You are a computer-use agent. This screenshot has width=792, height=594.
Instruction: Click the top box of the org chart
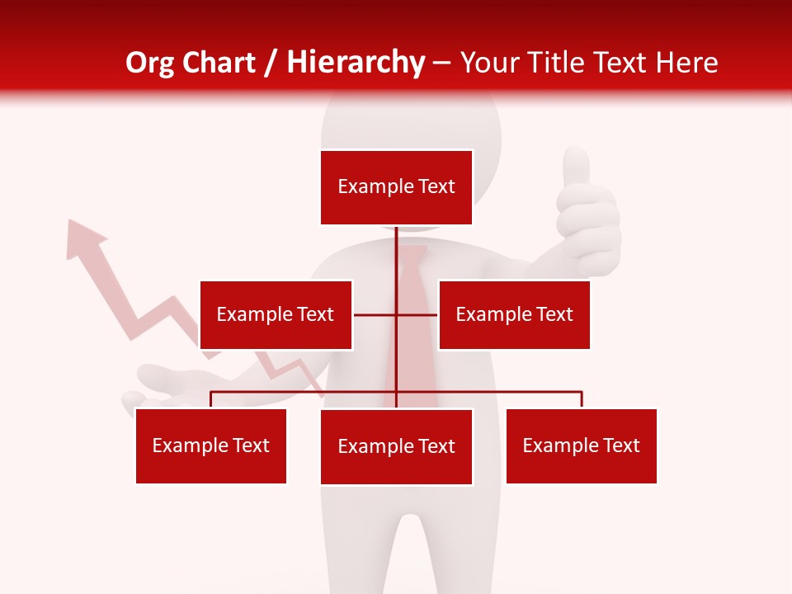coord(396,187)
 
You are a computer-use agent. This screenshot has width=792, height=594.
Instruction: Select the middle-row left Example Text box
coord(276,314)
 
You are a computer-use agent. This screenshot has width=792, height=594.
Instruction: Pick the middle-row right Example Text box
coord(514,314)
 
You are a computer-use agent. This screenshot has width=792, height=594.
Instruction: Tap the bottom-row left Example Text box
coord(211,445)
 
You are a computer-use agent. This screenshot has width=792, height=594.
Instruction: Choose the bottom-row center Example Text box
coord(396,446)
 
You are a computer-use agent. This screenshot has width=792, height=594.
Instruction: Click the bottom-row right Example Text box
coord(581,445)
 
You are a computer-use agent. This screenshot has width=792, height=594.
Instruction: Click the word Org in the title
coord(148,63)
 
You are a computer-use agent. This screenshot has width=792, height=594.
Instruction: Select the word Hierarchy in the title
coord(355,63)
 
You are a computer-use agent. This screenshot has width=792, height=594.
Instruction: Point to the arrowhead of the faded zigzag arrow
coord(83,237)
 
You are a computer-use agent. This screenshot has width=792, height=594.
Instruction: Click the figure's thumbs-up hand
coord(587,214)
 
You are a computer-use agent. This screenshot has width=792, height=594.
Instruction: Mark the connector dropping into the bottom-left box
coord(211,399)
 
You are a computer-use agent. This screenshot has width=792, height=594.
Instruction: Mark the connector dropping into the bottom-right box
coord(582,399)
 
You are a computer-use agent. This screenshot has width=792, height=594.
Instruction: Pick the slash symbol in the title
coord(270,63)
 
